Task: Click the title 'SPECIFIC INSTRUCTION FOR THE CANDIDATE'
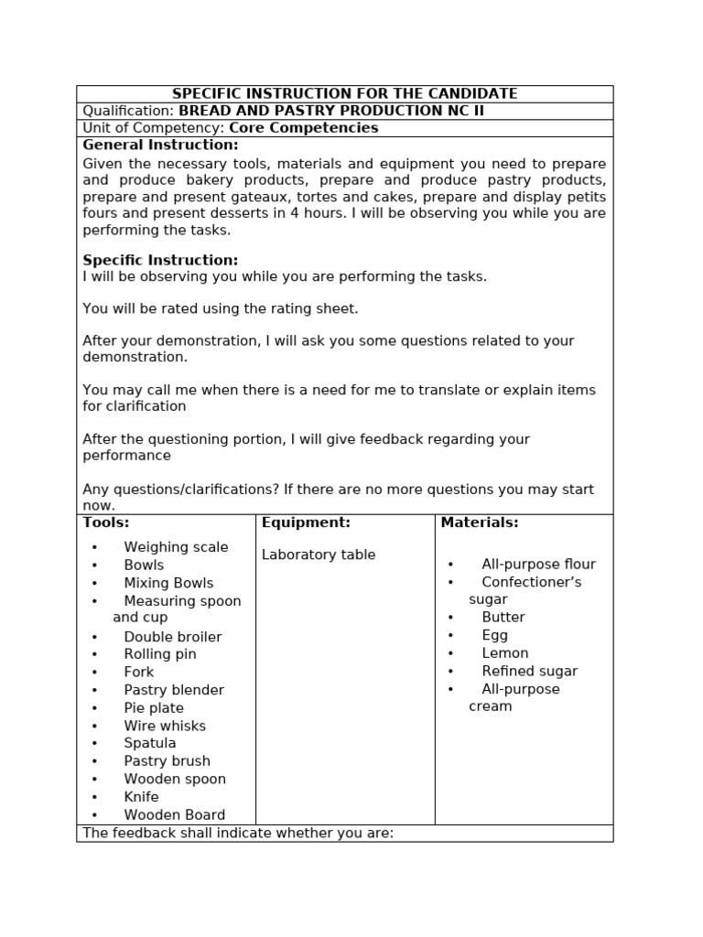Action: (x=345, y=93)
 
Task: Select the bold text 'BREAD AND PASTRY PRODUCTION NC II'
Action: (x=330, y=111)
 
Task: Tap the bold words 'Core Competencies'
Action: (x=303, y=128)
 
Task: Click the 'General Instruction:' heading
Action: (x=160, y=145)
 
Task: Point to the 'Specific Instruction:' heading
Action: (x=160, y=260)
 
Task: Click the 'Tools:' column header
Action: (x=106, y=522)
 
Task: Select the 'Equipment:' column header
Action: (x=306, y=522)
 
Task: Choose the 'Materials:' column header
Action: (x=480, y=522)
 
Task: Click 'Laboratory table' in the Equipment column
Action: (x=319, y=555)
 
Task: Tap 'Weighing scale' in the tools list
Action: (x=176, y=547)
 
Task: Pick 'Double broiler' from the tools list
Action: (x=173, y=637)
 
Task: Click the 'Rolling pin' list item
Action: (x=160, y=654)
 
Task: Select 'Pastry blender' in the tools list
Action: (x=174, y=690)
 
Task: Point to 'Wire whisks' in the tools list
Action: (x=165, y=726)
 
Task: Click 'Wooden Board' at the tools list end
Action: (x=175, y=814)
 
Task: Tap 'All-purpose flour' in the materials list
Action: (x=538, y=565)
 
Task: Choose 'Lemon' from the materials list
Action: (x=505, y=653)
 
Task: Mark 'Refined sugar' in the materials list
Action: (x=530, y=671)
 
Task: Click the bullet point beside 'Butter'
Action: (x=451, y=618)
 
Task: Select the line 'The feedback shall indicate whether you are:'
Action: (x=238, y=833)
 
